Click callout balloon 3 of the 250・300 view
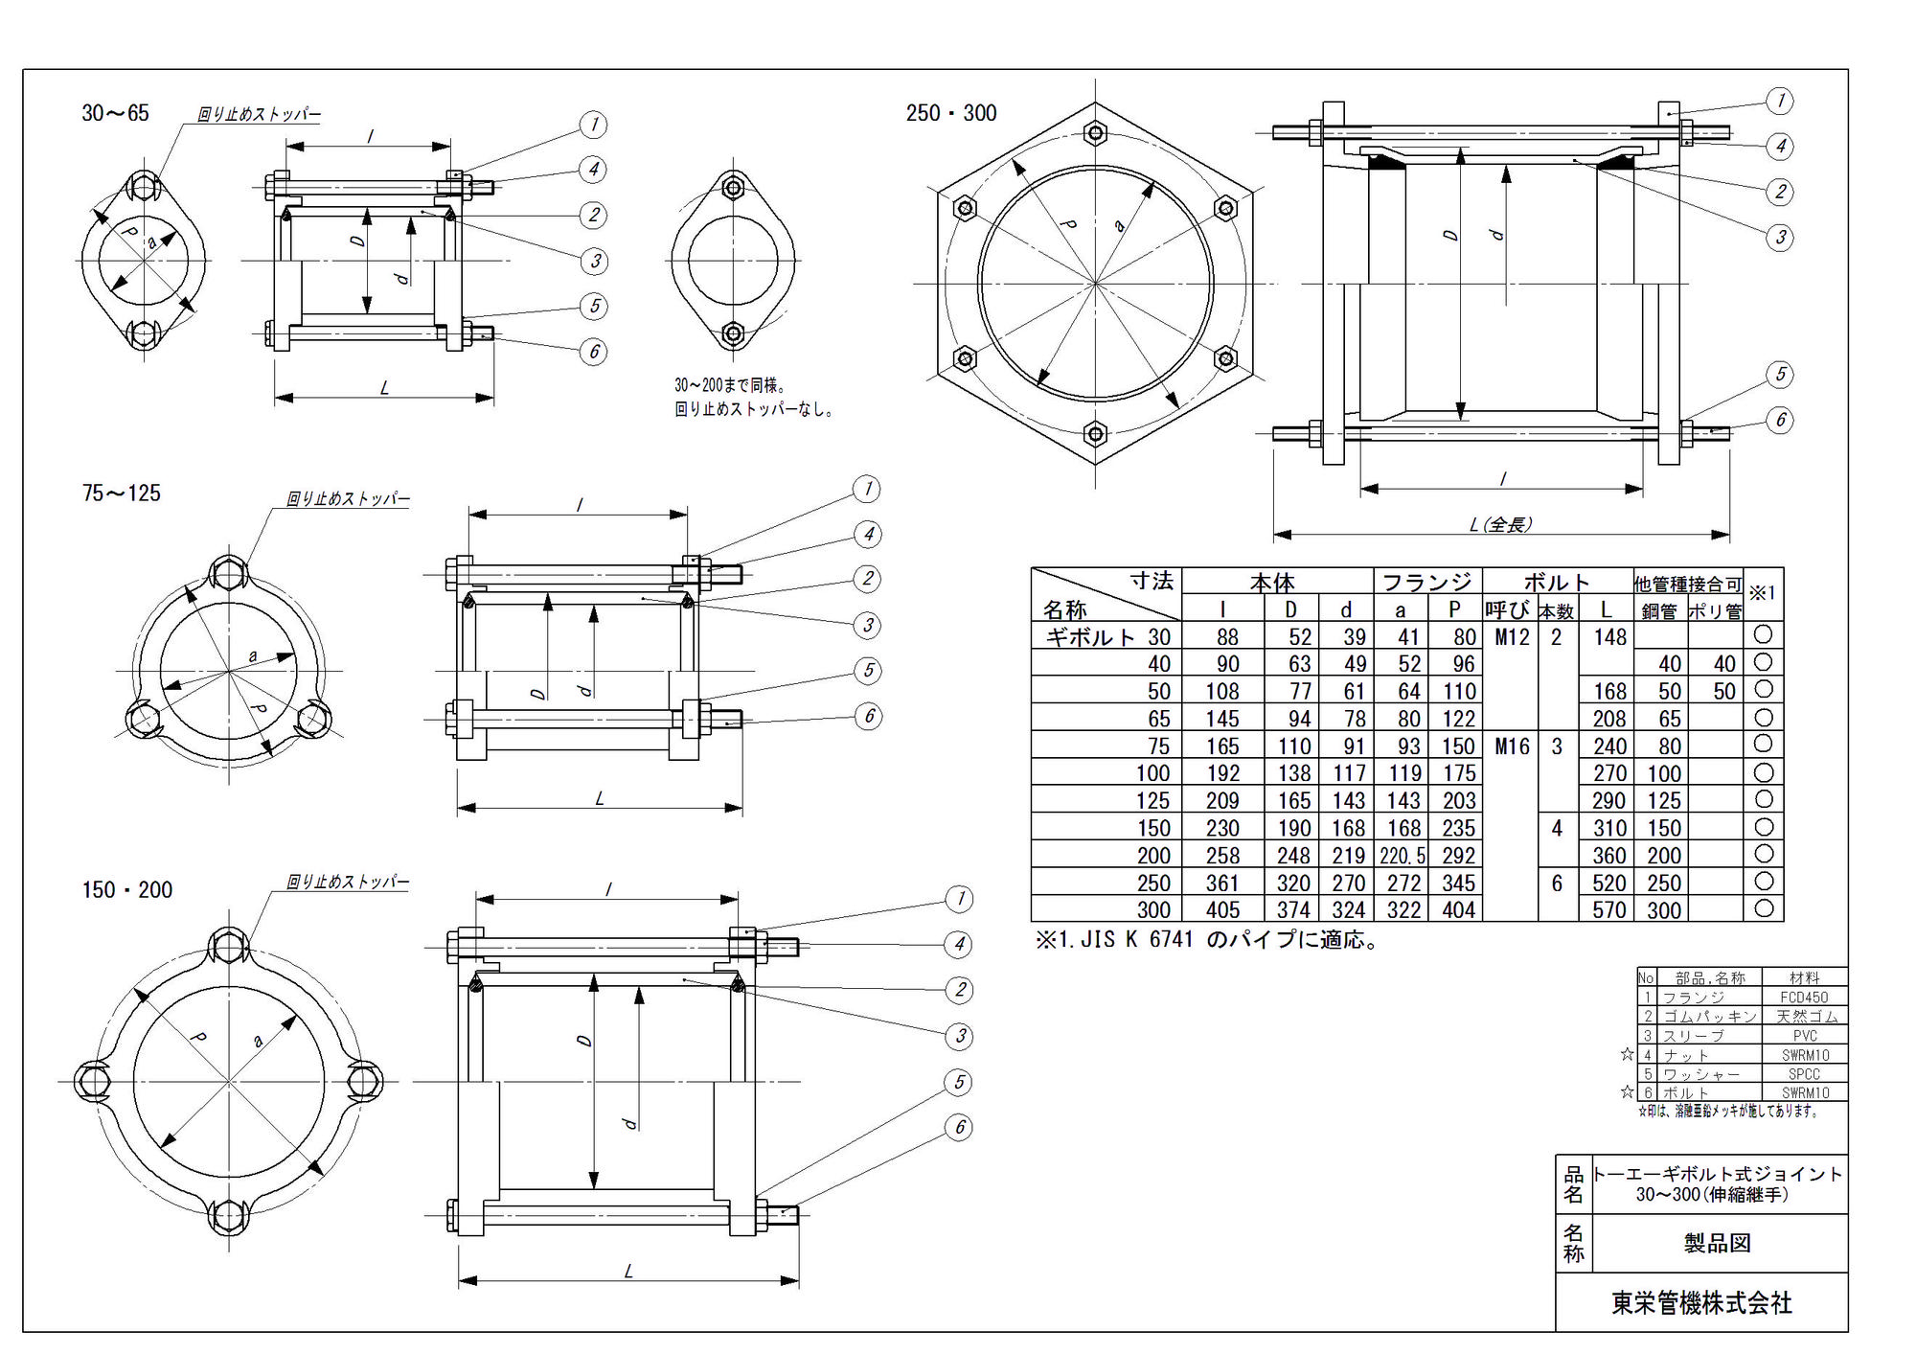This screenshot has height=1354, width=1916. point(1780,238)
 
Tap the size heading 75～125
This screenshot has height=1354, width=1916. point(122,493)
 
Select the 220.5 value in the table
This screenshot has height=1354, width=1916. point(1402,856)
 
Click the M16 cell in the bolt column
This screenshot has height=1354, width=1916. point(1512,746)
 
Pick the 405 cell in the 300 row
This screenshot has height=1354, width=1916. point(1222,910)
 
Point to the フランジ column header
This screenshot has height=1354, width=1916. point(1426,583)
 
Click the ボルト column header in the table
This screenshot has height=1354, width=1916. point(1557,583)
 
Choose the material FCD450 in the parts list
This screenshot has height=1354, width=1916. point(1804,998)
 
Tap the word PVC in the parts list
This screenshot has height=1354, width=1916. point(1804,1036)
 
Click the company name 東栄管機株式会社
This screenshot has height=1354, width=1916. point(1701,1303)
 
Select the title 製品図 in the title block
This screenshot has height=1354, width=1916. point(1718,1244)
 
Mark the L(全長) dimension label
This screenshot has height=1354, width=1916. point(1501,525)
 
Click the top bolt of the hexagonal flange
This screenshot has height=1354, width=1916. point(1096,132)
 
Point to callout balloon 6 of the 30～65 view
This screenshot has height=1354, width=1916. point(594,352)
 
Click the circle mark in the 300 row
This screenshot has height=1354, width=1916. point(1764,908)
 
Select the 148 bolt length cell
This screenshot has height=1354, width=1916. point(1609,637)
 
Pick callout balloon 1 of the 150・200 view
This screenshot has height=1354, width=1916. point(959,899)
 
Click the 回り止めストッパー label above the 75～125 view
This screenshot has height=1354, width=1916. point(348,499)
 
